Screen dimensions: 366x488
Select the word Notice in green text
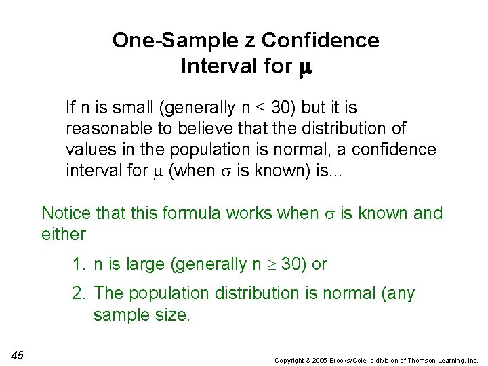(x=65, y=213)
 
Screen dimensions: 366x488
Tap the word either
(x=64, y=235)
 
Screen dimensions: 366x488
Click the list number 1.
(x=78, y=264)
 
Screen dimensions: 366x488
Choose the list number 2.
(x=78, y=294)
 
